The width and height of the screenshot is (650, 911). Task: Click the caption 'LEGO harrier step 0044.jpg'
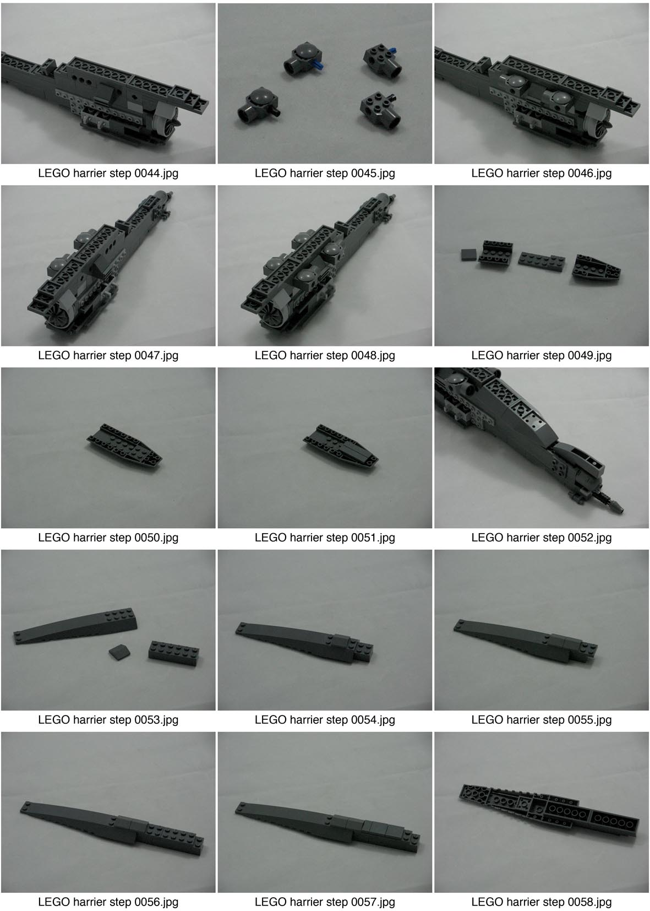click(x=108, y=173)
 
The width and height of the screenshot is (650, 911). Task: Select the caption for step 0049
click(x=542, y=355)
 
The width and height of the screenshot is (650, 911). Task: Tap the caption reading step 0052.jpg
click(x=542, y=538)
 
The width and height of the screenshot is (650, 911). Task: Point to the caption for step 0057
click(x=325, y=902)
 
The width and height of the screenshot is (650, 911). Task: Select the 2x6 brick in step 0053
click(x=173, y=653)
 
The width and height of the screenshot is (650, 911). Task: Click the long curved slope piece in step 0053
click(x=75, y=626)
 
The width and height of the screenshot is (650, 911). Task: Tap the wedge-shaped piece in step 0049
click(x=596, y=268)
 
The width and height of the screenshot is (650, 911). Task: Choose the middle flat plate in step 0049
click(x=542, y=262)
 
